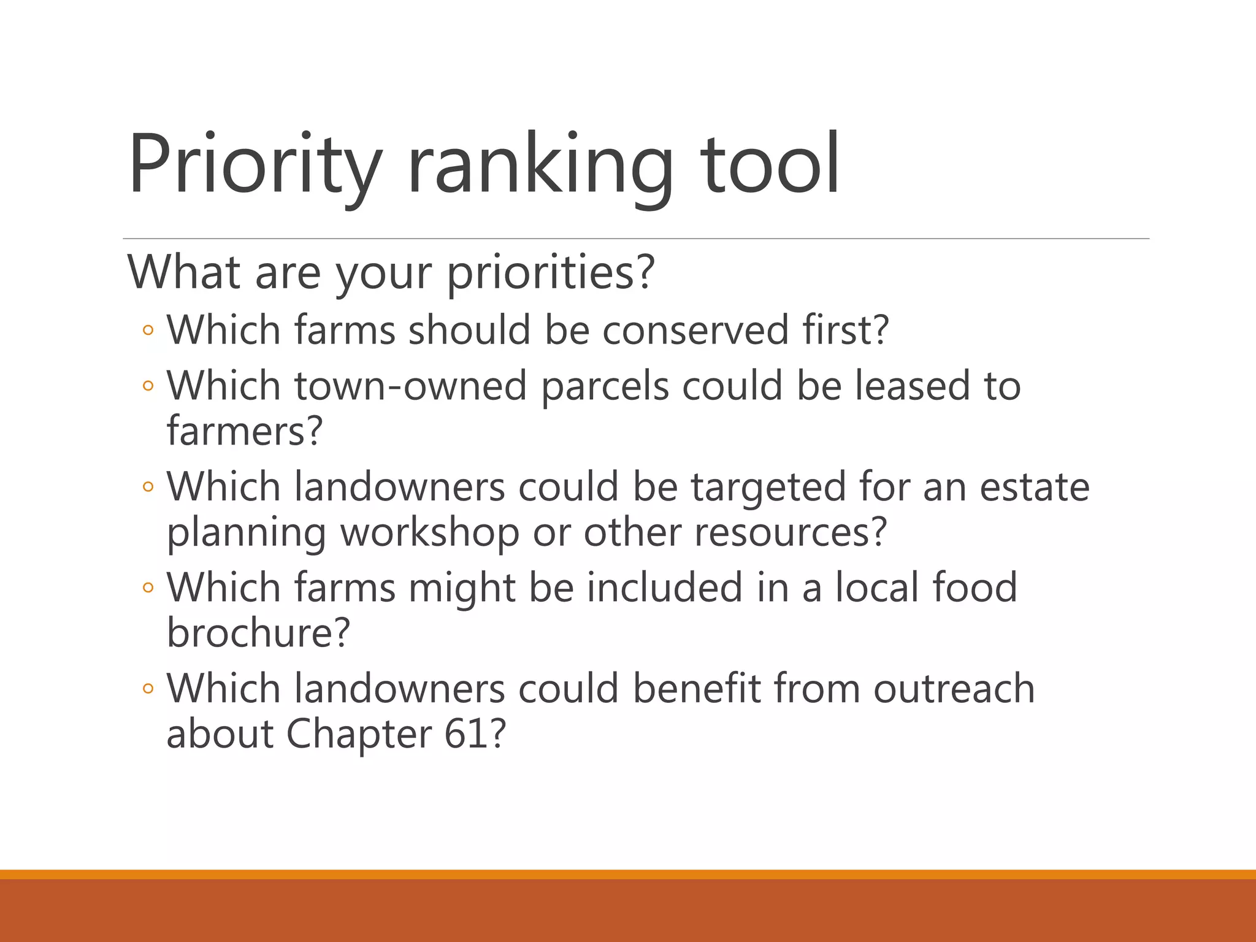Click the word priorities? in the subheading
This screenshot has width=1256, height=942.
pyautogui.click(x=551, y=273)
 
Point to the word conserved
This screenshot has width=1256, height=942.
pyautogui.click(x=694, y=330)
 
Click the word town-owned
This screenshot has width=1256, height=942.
pyautogui.click(x=410, y=386)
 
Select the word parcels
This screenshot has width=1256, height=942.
pyautogui.click(x=605, y=387)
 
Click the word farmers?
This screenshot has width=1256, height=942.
pyautogui.click(x=244, y=431)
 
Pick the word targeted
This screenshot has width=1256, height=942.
pyautogui.click(x=768, y=488)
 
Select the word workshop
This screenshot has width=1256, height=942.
pyautogui.click(x=430, y=532)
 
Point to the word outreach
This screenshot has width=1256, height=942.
pyautogui.click(x=954, y=688)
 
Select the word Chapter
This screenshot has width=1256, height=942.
pyautogui.click(x=359, y=734)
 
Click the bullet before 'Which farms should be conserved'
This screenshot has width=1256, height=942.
pyautogui.click(x=147, y=331)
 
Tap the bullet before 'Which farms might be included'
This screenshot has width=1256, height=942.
pyautogui.click(x=147, y=588)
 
